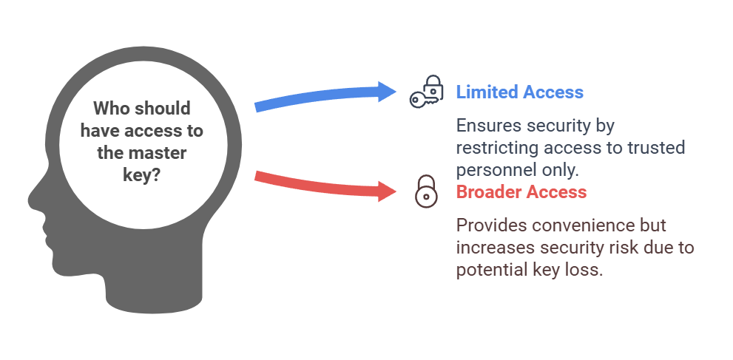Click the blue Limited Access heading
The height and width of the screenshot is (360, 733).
click(519, 92)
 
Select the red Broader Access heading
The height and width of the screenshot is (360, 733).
click(521, 192)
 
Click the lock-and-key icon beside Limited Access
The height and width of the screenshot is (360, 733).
click(427, 95)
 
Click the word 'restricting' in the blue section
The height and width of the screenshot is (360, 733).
click(494, 147)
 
